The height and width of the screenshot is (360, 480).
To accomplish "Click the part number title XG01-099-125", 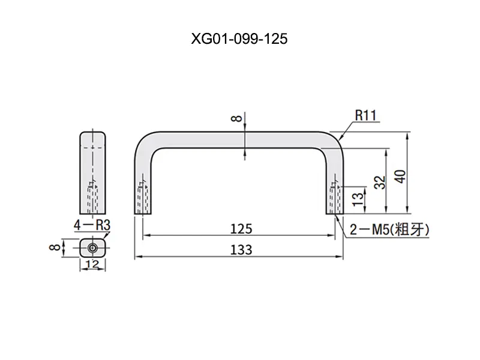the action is tap(239, 39).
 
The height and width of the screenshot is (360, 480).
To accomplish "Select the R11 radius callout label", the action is tap(365, 115).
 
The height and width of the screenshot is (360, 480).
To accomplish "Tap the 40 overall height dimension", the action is tap(400, 176).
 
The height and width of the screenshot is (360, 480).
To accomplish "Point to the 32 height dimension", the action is tap(380, 182).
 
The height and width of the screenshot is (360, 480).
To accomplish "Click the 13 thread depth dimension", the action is tap(358, 199).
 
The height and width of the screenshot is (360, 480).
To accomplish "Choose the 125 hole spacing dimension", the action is tap(241, 229).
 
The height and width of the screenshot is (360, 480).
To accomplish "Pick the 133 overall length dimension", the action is tap(241, 250).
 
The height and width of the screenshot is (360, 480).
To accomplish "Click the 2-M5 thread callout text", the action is tap(389, 230).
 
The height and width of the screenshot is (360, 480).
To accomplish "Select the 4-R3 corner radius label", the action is tap(92, 226).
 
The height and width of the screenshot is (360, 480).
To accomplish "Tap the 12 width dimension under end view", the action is tap(92, 263).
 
